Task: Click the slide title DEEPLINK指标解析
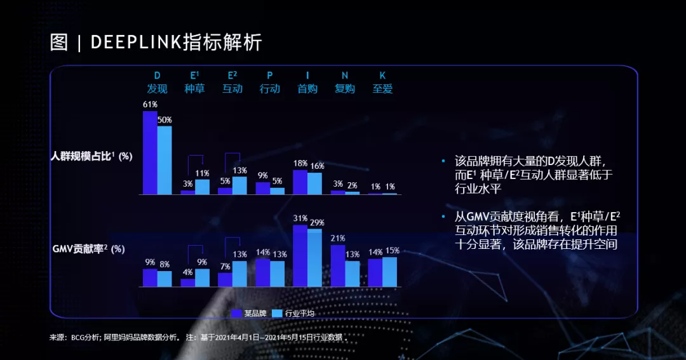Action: (156, 43)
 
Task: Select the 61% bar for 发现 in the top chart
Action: (150, 152)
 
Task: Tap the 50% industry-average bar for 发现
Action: (165, 160)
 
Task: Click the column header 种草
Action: (194, 89)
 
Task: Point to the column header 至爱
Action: (382, 89)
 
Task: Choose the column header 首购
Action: (307, 89)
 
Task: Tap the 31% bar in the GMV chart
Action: (300, 256)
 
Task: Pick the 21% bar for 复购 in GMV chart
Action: (338, 265)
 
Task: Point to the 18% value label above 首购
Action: (300, 163)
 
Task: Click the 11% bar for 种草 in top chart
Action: (202, 187)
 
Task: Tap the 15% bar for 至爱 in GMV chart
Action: (390, 272)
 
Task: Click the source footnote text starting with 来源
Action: (197, 337)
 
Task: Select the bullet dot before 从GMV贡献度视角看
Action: (443, 217)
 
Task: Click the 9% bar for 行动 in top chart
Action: (262, 188)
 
